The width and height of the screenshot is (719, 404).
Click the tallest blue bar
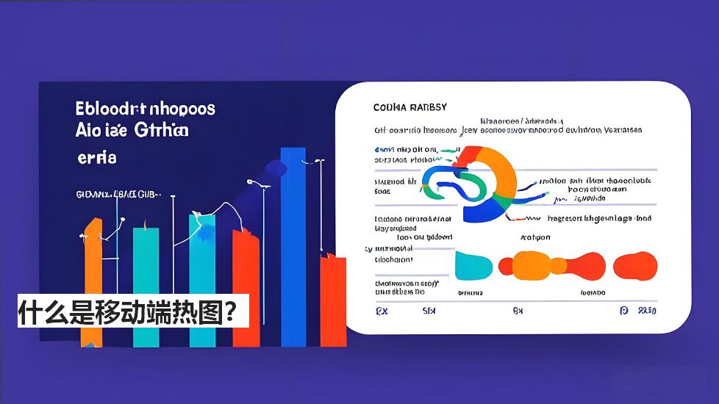click(293, 242)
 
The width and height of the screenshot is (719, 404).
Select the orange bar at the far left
click(92, 279)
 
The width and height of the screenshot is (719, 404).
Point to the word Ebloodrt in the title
click(110, 109)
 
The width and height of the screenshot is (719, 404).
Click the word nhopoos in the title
click(183, 109)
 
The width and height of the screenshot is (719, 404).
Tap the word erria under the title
click(96, 157)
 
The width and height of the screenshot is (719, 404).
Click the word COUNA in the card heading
click(389, 107)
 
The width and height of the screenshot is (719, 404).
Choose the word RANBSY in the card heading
click(427, 107)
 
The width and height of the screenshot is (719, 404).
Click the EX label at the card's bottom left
click(382, 311)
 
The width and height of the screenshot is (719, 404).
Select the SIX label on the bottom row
click(429, 311)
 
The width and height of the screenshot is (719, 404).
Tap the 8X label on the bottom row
click(518, 311)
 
